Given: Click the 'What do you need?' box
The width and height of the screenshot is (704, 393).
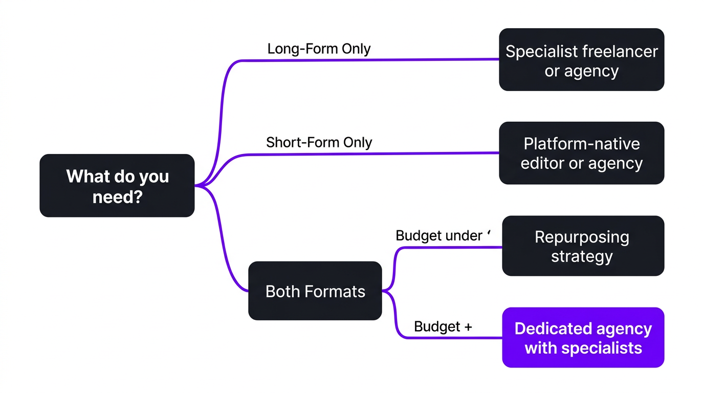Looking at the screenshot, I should (x=117, y=186).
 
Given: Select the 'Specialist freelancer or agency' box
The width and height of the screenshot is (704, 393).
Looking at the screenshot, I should (x=581, y=60).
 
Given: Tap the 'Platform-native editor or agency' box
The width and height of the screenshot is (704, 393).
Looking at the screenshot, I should (x=581, y=153).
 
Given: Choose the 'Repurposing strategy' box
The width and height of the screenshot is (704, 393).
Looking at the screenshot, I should (x=583, y=246).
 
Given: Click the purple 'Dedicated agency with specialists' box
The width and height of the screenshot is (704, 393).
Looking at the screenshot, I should (x=583, y=338).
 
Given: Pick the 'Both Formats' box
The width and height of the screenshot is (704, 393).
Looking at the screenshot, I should (x=315, y=291).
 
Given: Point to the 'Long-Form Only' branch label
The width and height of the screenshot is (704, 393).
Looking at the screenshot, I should (x=319, y=49).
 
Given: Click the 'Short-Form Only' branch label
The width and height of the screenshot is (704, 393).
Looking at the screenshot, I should (x=319, y=142).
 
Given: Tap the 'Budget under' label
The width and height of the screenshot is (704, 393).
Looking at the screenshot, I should (x=439, y=236).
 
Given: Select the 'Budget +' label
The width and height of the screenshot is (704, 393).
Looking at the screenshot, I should (x=443, y=327).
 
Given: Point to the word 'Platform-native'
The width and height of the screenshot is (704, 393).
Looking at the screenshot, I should (x=582, y=144).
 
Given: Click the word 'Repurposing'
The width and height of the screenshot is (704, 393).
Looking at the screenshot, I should (x=582, y=237).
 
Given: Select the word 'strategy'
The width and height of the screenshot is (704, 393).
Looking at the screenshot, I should (x=582, y=256).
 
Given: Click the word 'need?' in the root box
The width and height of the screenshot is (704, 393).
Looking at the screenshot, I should (x=117, y=196).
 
